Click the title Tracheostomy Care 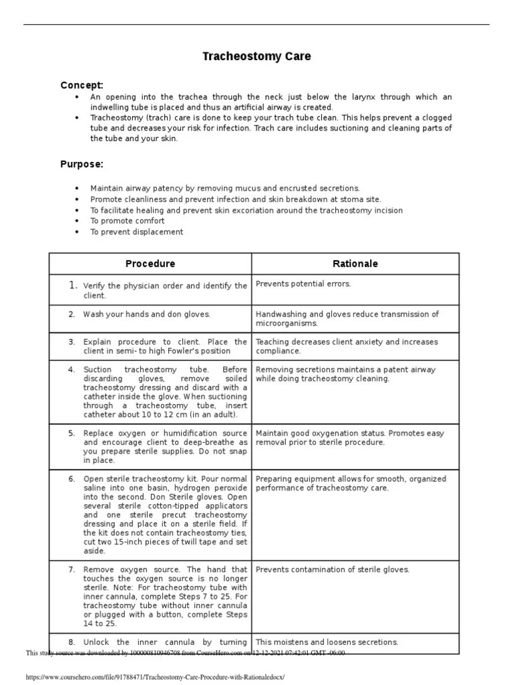pos(256,57)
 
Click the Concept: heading pos(81,85)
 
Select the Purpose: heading pos(81,164)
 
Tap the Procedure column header pos(150,264)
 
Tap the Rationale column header pos(355,264)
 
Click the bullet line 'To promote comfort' pos(127,221)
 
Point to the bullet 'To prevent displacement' pos(136,231)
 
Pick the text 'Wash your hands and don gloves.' pos(146,314)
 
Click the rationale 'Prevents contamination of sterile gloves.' pos(342,570)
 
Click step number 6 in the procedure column pos(71,479)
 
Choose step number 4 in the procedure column pos(71,369)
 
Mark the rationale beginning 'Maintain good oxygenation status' pos(349,437)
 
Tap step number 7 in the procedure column pos(71,570)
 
